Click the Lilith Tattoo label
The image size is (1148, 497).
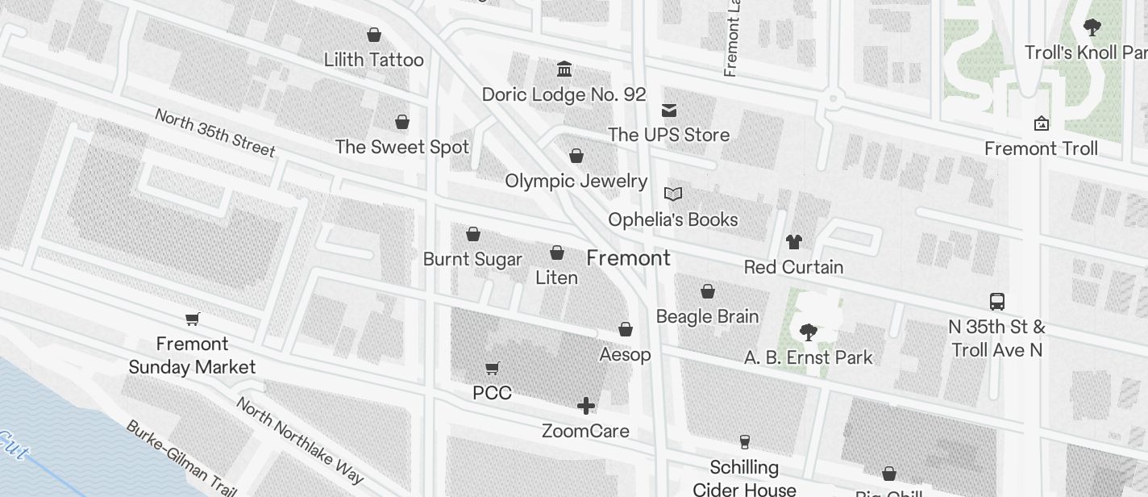[x=373, y=60]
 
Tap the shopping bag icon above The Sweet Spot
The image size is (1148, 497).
[x=402, y=122]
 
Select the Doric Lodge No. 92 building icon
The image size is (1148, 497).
[x=564, y=69]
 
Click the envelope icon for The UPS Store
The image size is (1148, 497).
[x=669, y=110]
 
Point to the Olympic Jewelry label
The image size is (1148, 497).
[x=576, y=181]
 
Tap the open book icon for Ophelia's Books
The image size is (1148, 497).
[x=673, y=194]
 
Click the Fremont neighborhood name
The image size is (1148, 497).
[x=628, y=258]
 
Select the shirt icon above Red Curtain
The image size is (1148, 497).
[x=794, y=241]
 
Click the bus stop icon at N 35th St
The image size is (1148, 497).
[x=997, y=302]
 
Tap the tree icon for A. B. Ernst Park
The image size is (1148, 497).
[x=808, y=332]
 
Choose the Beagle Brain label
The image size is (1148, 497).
[x=707, y=316]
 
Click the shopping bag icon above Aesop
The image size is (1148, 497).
[x=626, y=329]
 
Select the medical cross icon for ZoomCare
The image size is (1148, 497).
[x=586, y=405]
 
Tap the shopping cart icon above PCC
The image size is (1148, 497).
[x=493, y=368]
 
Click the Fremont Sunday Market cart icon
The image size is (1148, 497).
[x=193, y=319]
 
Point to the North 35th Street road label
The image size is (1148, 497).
[x=214, y=132]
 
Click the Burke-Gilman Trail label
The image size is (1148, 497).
[x=180, y=457]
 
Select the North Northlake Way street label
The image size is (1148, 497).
[x=299, y=441]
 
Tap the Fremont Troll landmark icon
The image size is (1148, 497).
[x=1042, y=123]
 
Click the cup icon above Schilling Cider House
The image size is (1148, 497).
[x=745, y=441]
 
